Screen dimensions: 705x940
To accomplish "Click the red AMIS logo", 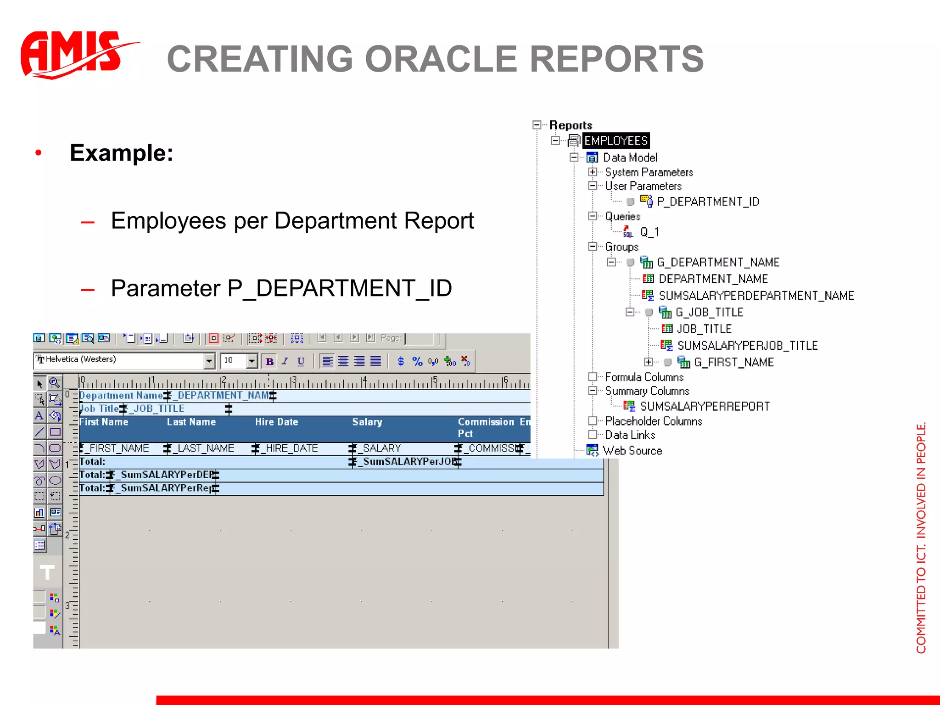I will click(x=73, y=54).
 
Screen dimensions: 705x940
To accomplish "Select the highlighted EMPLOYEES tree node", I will click(x=615, y=140).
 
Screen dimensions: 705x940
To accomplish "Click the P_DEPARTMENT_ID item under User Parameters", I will click(x=707, y=201).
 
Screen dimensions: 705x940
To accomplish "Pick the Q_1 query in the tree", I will click(x=649, y=232).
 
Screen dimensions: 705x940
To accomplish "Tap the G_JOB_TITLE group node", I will click(x=709, y=313).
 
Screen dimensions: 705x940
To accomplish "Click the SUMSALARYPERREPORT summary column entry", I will click(x=705, y=407).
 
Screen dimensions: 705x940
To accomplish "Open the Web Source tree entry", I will click(x=632, y=451).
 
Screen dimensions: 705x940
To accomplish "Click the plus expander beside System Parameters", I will click(x=593, y=172).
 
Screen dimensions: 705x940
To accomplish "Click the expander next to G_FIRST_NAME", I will click(x=648, y=362).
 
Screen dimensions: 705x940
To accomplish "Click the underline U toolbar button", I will click(x=301, y=362).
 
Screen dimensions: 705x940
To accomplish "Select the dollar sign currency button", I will click(x=401, y=362).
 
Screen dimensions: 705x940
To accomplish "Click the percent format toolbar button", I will click(x=417, y=362).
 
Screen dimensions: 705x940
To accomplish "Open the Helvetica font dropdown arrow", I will click(x=209, y=361).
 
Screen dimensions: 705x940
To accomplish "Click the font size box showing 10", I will click(x=233, y=361).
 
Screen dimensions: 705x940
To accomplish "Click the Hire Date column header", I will click(x=276, y=422).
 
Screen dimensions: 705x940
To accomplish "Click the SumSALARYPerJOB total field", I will click(x=406, y=462).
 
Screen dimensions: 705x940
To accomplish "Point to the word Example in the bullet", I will click(x=121, y=153).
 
